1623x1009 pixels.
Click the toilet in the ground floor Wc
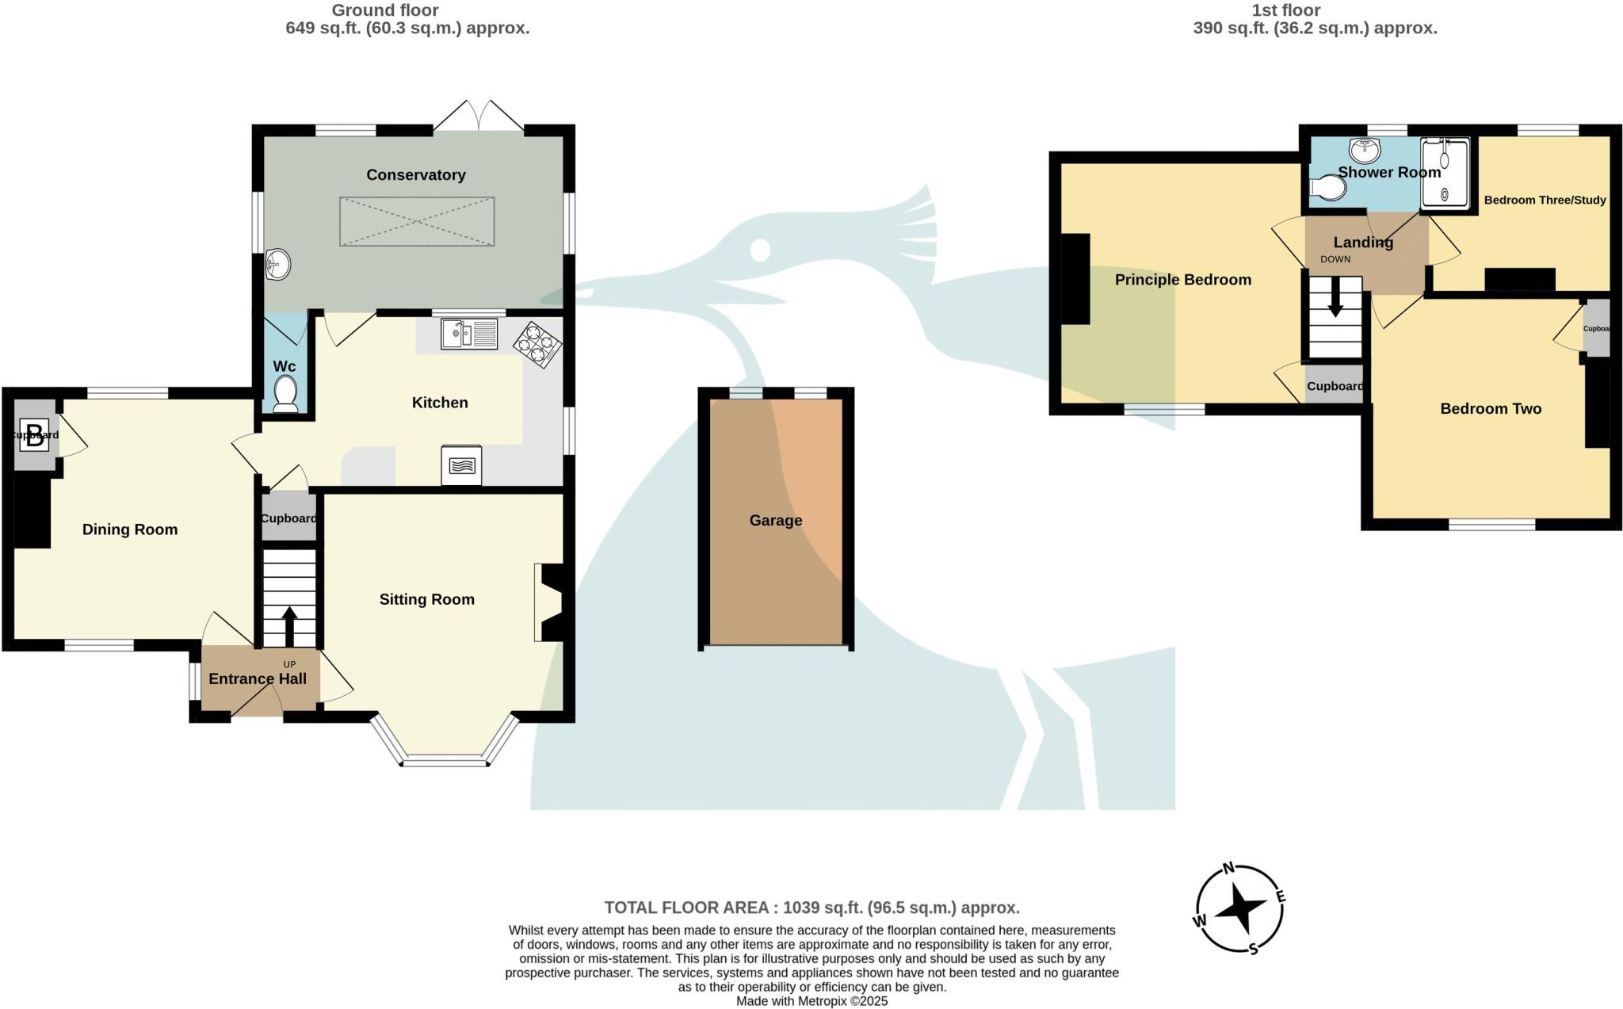pos(285,394)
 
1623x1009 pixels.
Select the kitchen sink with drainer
pos(469,334)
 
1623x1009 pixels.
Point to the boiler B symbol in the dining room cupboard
pos(35,436)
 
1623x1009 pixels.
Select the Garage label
pos(776,521)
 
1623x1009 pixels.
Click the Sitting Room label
pos(426,600)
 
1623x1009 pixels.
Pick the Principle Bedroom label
pos(1182,280)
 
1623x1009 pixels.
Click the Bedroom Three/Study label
pos(1545,201)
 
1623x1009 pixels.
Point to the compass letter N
pos(1229,868)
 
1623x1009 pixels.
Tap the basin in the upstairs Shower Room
pos(1365,148)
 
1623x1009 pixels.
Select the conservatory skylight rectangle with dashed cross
pos(417,221)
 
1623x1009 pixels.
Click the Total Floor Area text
pos(811,908)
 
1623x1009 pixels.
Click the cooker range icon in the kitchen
pos(462,465)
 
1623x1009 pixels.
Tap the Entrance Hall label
pos(257,679)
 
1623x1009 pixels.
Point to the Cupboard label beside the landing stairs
pos(1335,387)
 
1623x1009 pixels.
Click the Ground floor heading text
pos(384,10)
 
